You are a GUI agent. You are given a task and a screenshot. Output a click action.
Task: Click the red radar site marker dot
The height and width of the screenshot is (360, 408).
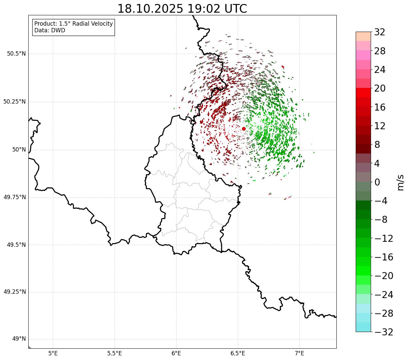243,129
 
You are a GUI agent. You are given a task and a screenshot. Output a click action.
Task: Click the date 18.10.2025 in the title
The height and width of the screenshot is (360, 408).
150,9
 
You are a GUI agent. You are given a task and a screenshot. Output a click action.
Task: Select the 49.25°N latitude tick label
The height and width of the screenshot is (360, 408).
14,292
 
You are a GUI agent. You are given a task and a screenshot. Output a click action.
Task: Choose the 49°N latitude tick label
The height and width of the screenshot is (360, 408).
19,339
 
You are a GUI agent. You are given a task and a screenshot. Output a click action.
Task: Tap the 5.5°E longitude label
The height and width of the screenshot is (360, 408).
115,353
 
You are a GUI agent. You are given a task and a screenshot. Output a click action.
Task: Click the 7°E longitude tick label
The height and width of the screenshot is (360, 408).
299,353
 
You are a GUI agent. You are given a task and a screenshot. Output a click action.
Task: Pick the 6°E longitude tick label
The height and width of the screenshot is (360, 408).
176,353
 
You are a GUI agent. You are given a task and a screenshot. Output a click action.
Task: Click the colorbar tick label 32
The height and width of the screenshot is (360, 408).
380,32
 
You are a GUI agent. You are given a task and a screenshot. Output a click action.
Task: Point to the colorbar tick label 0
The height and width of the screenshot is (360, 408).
377,182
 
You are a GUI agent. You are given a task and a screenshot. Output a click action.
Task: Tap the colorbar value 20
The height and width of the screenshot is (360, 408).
380,89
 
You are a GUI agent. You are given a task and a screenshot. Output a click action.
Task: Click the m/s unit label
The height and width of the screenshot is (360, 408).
400,182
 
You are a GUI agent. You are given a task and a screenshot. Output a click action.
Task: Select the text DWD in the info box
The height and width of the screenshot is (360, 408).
58,30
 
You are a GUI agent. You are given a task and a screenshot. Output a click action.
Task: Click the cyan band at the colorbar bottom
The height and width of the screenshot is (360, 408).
363,327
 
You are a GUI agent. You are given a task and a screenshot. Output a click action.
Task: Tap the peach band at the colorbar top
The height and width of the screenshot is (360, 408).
363,36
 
